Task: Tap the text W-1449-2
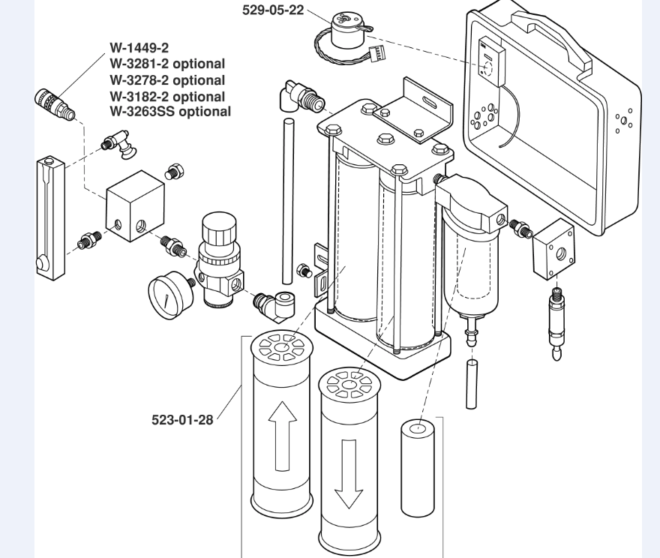tap(139, 47)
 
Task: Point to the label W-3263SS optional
tap(170, 112)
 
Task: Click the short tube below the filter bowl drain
tap(471, 383)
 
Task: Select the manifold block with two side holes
tap(135, 205)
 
